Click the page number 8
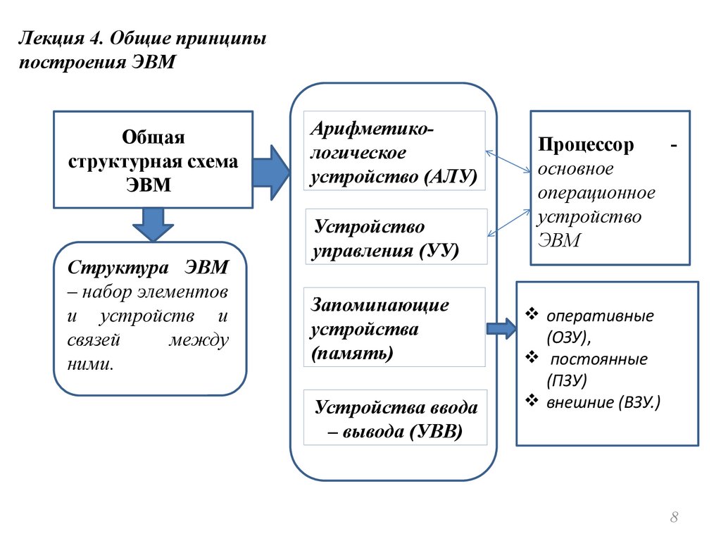click(x=674, y=518)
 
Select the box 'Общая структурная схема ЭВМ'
click(x=153, y=159)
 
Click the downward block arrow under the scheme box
click(x=153, y=224)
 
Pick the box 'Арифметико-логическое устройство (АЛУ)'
click(x=394, y=150)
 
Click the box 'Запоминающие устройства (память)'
click(x=394, y=327)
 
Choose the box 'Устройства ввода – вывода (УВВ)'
click(x=395, y=417)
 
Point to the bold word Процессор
click(x=587, y=145)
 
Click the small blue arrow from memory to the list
click(x=501, y=328)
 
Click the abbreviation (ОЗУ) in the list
click(x=569, y=337)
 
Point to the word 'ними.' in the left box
click(x=91, y=364)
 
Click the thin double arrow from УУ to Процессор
click(x=508, y=220)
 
